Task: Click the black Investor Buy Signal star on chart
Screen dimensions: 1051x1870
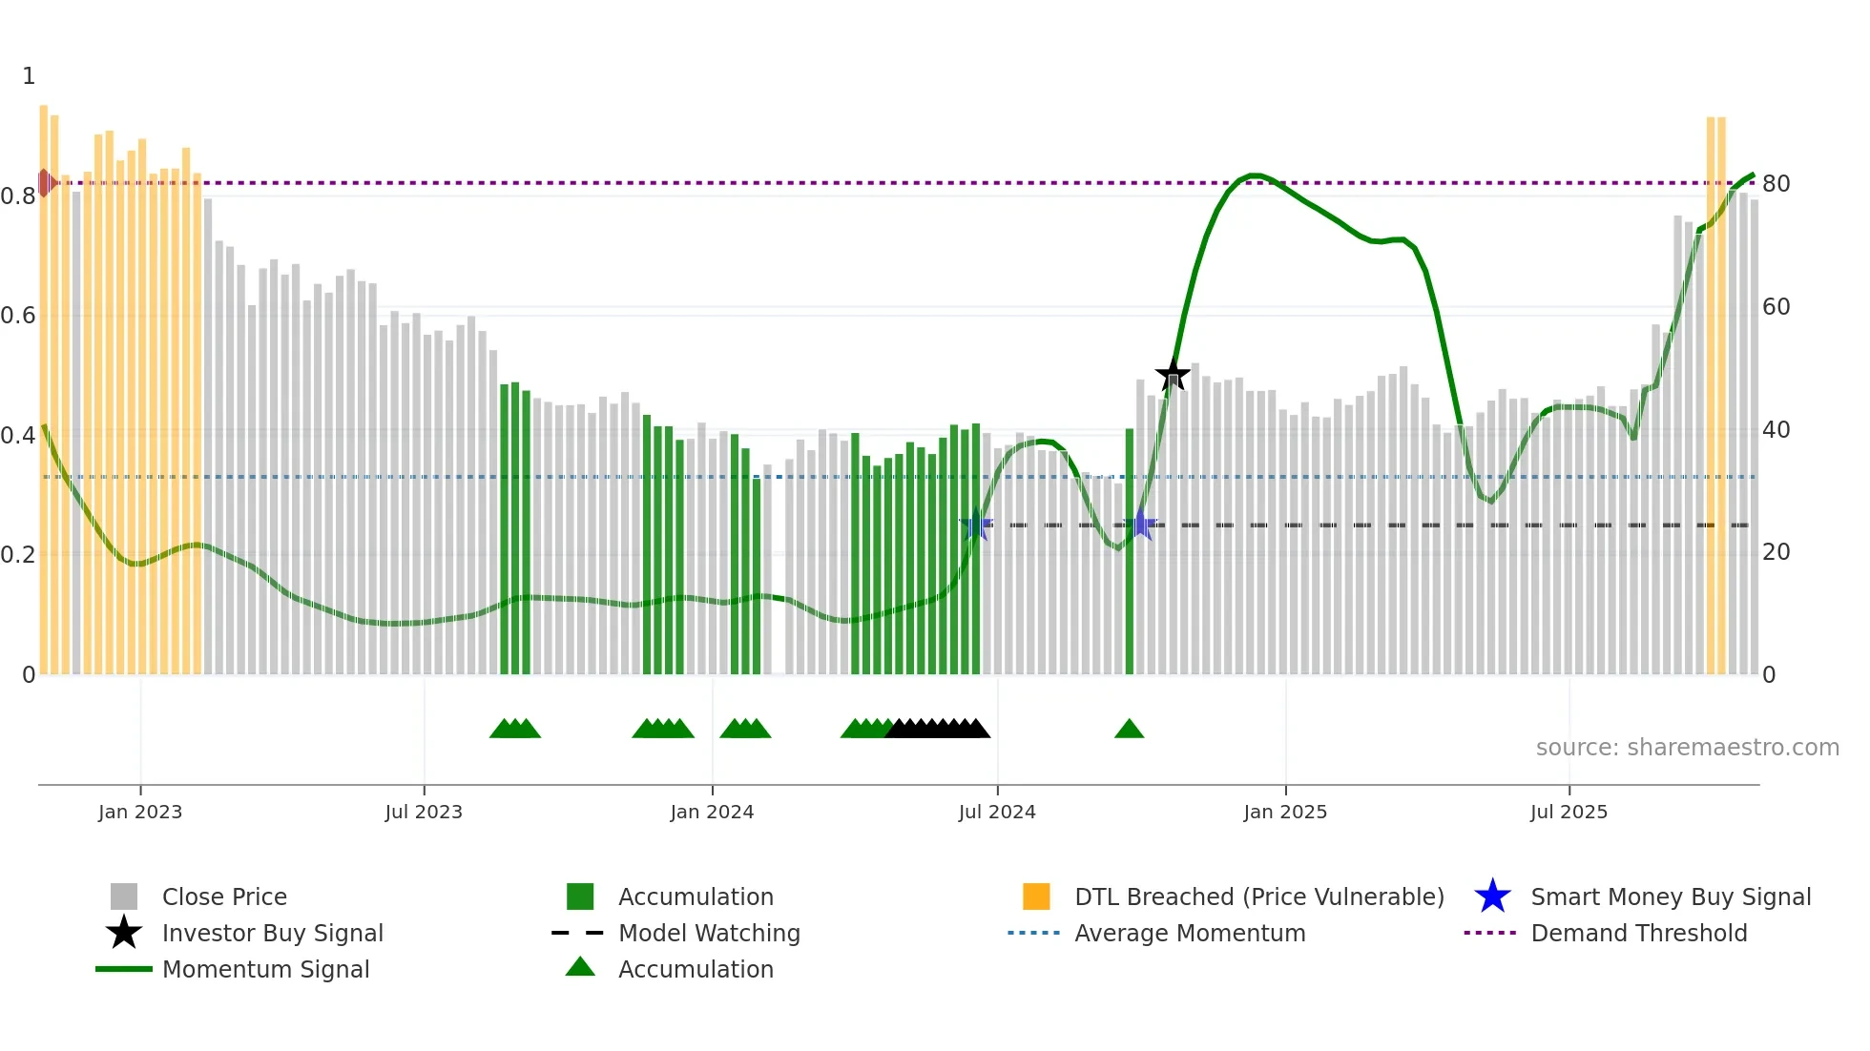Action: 1173,374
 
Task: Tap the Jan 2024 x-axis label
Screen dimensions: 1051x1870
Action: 712,812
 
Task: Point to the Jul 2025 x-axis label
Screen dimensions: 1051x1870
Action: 1569,812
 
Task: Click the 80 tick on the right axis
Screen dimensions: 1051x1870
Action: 1776,183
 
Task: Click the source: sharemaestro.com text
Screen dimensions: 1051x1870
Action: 1687,747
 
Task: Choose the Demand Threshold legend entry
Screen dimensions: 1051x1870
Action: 1638,933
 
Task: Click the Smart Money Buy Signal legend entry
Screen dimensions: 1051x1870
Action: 1670,896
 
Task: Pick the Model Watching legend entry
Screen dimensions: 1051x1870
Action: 708,933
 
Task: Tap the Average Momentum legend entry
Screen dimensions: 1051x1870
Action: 1189,933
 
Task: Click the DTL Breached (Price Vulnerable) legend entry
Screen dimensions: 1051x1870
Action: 1258,896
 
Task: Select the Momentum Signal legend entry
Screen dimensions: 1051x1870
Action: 265,969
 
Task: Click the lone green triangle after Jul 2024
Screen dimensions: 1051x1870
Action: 1129,730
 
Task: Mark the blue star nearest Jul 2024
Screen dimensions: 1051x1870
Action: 975,525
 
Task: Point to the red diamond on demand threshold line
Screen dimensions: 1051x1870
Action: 45,182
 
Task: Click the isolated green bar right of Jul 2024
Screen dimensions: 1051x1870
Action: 1130,551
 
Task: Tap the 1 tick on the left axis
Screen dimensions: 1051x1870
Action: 29,75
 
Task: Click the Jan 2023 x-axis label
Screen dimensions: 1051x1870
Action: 140,812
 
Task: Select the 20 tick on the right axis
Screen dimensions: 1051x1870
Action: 1776,552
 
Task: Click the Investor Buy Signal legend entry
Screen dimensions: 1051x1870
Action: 272,933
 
